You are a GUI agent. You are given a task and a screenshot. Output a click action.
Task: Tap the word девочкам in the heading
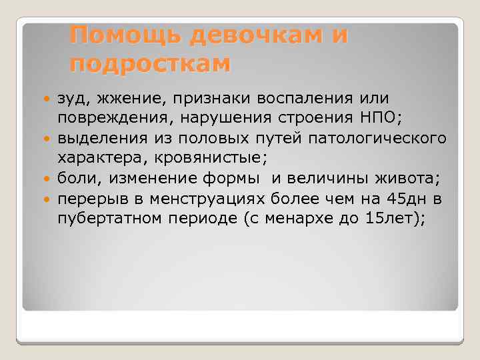pos(256,35)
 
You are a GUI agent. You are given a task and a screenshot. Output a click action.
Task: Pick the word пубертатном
pos(99,218)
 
